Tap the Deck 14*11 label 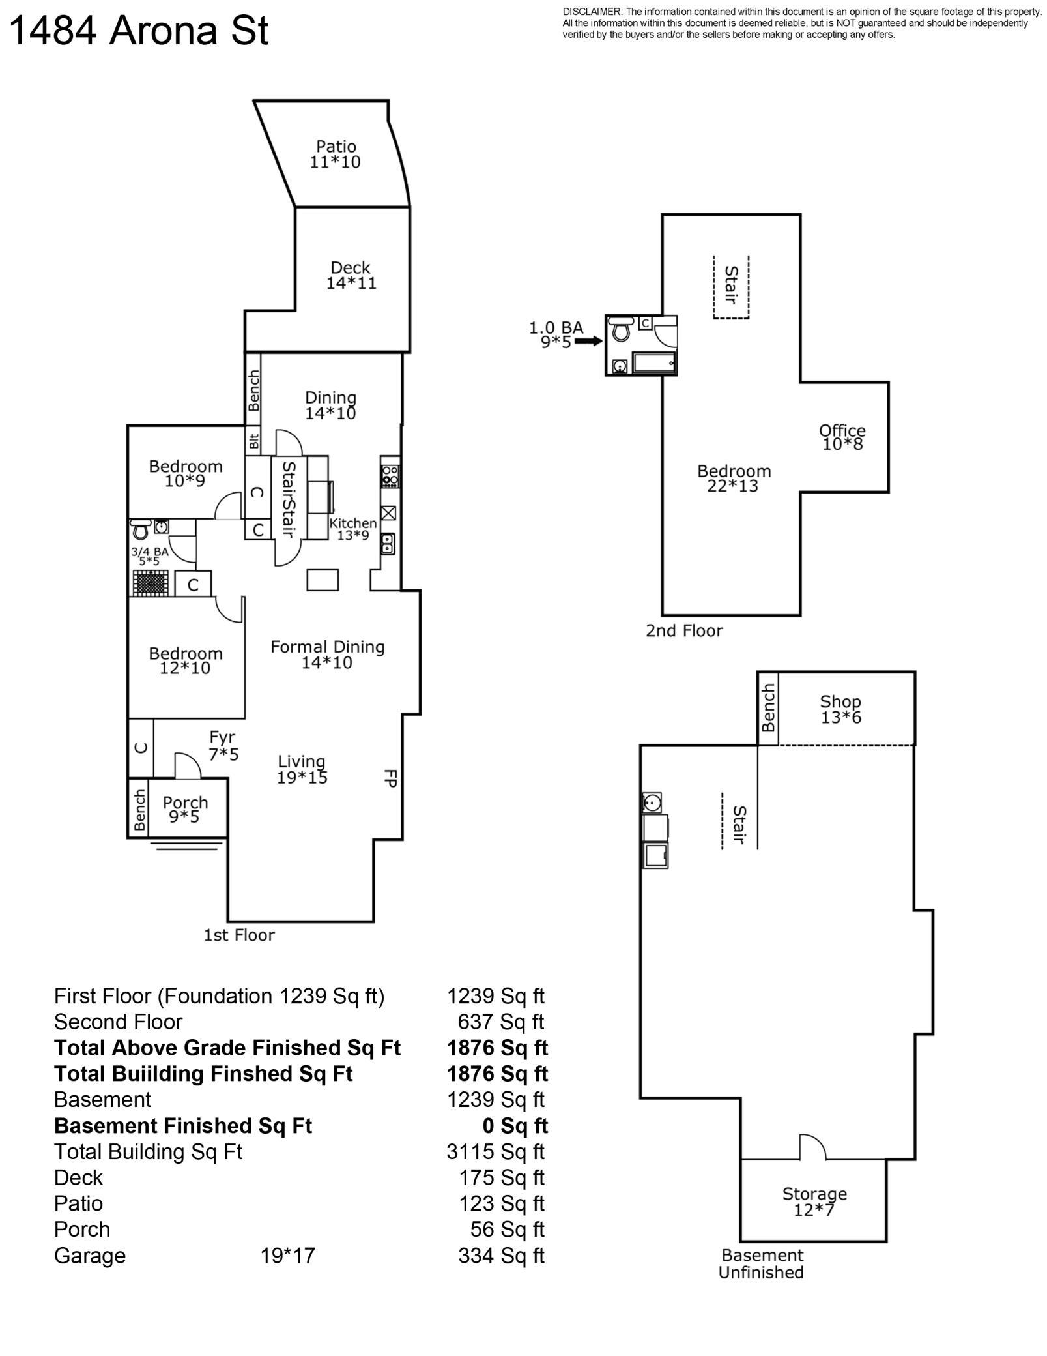pyautogui.click(x=351, y=275)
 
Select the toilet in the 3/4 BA pyautogui.click(x=140, y=529)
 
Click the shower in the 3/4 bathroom pyautogui.click(x=151, y=582)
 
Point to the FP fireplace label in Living pyautogui.click(x=390, y=778)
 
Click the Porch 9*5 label pyautogui.click(x=185, y=809)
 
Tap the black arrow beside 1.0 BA pyautogui.click(x=588, y=340)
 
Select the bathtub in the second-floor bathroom pyautogui.click(x=654, y=363)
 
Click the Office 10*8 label pyautogui.click(x=842, y=437)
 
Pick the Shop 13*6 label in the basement pyautogui.click(x=840, y=709)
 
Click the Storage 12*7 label pyautogui.click(x=814, y=1202)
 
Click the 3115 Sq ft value pyautogui.click(x=495, y=1152)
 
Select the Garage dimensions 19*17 pyautogui.click(x=287, y=1256)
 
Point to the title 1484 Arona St pyautogui.click(x=139, y=31)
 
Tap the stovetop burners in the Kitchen pyautogui.click(x=390, y=476)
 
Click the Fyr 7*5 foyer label pyautogui.click(x=223, y=746)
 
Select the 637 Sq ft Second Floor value pyautogui.click(x=500, y=1022)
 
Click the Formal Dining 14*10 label pyautogui.click(x=327, y=655)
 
